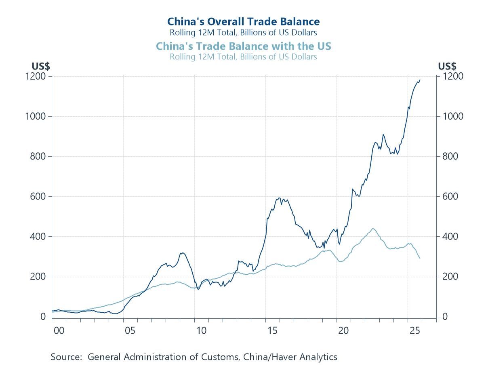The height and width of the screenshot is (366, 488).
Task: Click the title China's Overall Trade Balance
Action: (x=244, y=21)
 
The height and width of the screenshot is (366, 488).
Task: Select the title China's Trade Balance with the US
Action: (x=244, y=46)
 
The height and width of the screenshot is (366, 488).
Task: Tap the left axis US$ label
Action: (x=40, y=66)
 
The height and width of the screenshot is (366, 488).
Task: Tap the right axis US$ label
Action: (x=447, y=66)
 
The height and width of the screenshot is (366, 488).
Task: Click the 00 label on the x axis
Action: (x=59, y=331)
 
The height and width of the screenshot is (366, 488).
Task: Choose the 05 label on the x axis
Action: (x=130, y=331)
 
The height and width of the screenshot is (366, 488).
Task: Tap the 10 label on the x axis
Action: (x=201, y=331)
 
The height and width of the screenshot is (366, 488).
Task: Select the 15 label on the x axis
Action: (x=272, y=331)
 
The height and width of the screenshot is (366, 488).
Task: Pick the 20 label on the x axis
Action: (x=343, y=331)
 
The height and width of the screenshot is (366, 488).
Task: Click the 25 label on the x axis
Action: (x=414, y=331)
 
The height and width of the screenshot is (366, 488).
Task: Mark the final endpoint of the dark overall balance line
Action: (x=420, y=80)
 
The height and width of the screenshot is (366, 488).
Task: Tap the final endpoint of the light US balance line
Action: (x=420, y=258)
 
